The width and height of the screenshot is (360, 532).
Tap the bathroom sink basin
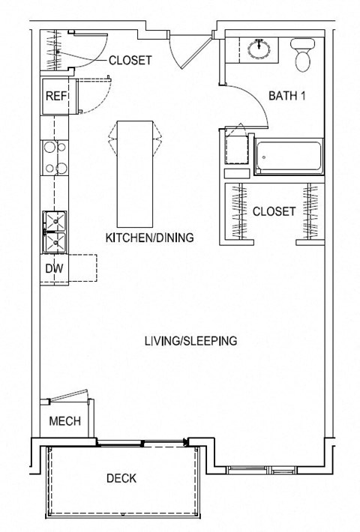[x=259, y=49]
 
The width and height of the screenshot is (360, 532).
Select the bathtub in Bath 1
[x=289, y=157]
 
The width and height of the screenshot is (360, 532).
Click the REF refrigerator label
[x=56, y=96]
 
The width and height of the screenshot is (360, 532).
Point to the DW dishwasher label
[x=54, y=269]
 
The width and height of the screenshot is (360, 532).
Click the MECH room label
[x=64, y=421]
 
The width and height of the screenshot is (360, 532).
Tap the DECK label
[x=121, y=478]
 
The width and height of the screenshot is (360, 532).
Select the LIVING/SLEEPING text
[x=190, y=341]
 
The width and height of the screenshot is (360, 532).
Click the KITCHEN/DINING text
[x=150, y=238]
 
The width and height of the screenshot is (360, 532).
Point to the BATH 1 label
[x=287, y=96]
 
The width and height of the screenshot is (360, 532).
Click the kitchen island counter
[x=134, y=174]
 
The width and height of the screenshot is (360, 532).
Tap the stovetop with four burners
[x=55, y=158]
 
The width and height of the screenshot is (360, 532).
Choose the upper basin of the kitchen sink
[x=55, y=221]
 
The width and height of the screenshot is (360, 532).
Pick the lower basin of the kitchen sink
[x=55, y=242]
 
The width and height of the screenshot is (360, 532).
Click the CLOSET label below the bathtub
[x=274, y=212]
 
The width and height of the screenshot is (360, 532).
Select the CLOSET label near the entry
[x=130, y=61]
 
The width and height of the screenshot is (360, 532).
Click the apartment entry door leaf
[x=196, y=52]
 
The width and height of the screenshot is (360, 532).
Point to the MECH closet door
[x=69, y=396]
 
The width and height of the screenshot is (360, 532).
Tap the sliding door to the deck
[x=142, y=443]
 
